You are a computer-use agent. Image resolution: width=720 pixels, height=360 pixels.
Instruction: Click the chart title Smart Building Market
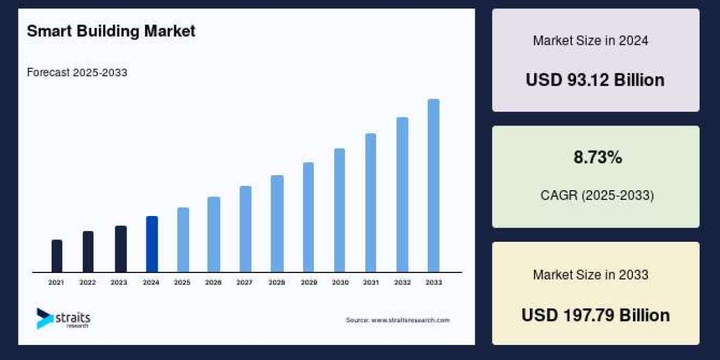coord(111,31)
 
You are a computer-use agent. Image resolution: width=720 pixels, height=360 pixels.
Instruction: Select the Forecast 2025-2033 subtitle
coord(77,73)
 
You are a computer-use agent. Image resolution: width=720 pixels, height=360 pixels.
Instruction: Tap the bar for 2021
coord(57,256)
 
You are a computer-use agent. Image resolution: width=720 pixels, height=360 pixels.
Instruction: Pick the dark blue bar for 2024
coord(152,244)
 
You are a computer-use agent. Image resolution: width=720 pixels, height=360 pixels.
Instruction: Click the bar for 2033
coord(433,185)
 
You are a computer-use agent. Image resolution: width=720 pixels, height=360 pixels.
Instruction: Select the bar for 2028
coord(277,224)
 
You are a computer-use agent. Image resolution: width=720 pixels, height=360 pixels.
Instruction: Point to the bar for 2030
coord(340,210)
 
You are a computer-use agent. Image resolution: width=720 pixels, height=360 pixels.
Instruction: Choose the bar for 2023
coord(121,249)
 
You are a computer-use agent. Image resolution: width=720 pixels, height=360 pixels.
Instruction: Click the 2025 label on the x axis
coord(182,282)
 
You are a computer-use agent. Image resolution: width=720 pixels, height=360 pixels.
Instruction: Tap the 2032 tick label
coord(402,282)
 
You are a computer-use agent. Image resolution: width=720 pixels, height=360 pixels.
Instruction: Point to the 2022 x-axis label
coord(88,282)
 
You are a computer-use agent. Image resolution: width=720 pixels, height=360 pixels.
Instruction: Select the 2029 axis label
coord(308,282)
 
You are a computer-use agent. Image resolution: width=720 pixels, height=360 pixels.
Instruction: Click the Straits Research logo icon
coord(44,318)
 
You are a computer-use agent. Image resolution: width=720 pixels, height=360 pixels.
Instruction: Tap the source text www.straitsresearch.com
coord(397,320)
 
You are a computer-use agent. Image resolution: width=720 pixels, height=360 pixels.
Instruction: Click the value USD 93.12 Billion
coord(595,80)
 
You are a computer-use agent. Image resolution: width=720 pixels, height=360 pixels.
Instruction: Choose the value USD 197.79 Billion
coord(595,315)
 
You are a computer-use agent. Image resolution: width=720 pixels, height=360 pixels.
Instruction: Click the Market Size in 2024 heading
coord(590,41)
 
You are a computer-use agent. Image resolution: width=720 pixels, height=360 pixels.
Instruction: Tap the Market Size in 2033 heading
coord(590,275)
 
